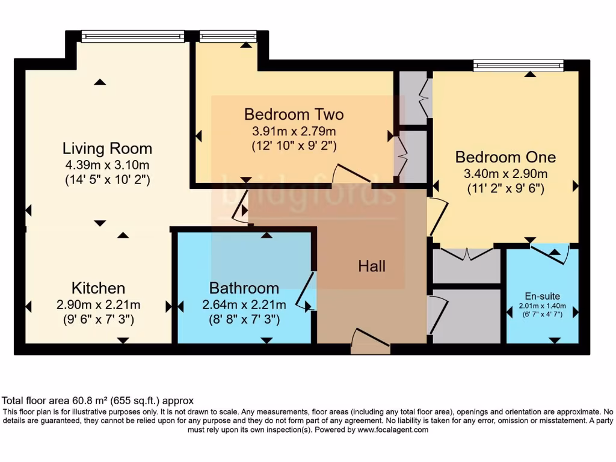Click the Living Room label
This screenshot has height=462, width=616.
(107, 148)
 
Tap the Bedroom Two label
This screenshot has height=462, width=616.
(294, 114)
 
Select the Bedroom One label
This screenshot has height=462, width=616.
(505, 157)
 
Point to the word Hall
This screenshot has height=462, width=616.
(372, 266)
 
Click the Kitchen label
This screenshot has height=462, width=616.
(98, 288)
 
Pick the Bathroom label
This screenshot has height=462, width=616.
(244, 288)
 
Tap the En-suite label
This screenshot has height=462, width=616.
(542, 296)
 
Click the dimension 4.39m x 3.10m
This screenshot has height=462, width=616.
(107, 164)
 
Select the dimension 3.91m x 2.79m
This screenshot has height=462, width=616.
(294, 130)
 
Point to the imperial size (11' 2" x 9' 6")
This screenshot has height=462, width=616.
(505, 188)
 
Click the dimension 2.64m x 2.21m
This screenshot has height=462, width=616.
(244, 304)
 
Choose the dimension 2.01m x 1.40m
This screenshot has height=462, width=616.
(542, 306)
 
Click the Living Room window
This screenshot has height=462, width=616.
(132, 37)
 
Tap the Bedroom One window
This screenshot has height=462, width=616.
(518, 66)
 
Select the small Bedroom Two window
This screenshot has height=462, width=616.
(227, 37)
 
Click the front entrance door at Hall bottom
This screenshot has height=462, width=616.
(370, 342)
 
